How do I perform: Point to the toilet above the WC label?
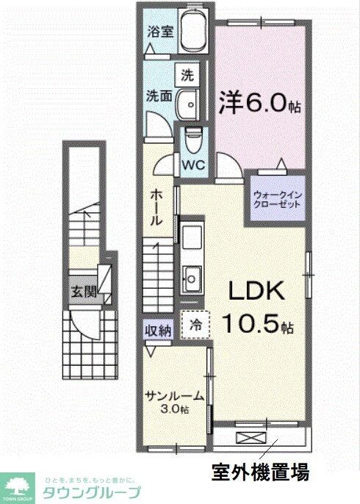195,137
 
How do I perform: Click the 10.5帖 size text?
259,324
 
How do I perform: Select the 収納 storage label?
157,331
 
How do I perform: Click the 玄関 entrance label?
84,291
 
